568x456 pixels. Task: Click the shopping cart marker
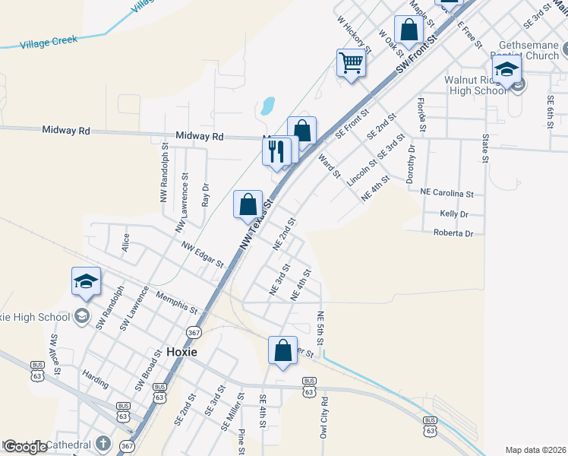tap(352, 62)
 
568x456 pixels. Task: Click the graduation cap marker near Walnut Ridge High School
tap(506, 70)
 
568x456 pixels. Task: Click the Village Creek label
tap(49, 40)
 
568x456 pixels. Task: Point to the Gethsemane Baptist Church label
tap(525, 50)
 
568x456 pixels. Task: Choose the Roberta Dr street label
tap(453, 233)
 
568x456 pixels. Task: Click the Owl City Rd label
tap(324, 417)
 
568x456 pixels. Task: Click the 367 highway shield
tap(194, 332)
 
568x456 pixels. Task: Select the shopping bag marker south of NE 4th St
tap(282, 351)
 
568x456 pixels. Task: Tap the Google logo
tap(26, 447)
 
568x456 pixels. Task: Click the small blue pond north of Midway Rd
tap(267, 106)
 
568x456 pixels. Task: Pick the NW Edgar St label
tap(202, 255)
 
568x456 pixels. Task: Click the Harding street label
tap(96, 375)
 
